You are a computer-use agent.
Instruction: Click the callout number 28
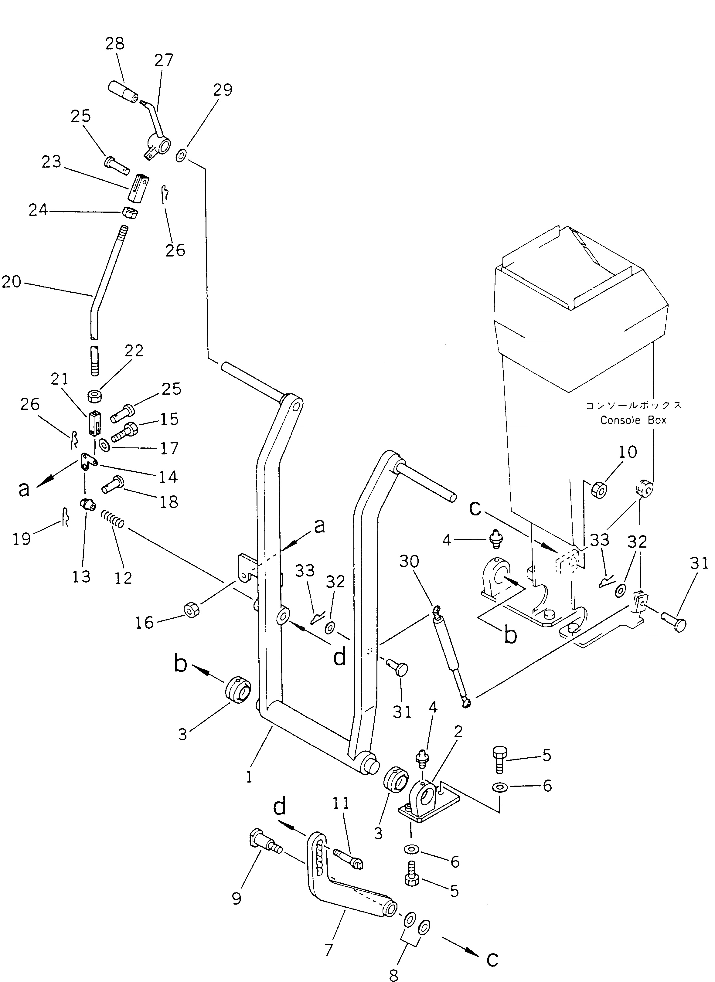point(115,44)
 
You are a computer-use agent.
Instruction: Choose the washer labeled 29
point(182,155)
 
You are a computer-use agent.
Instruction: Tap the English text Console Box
point(633,420)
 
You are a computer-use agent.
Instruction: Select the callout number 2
point(458,732)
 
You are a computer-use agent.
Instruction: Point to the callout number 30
point(409,562)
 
